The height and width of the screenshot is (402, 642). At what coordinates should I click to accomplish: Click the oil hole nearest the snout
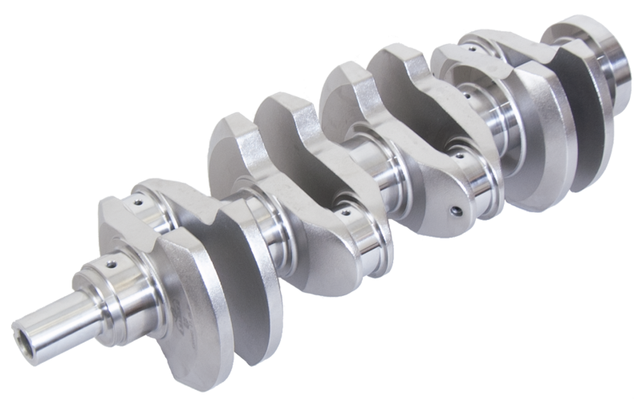(108, 263)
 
